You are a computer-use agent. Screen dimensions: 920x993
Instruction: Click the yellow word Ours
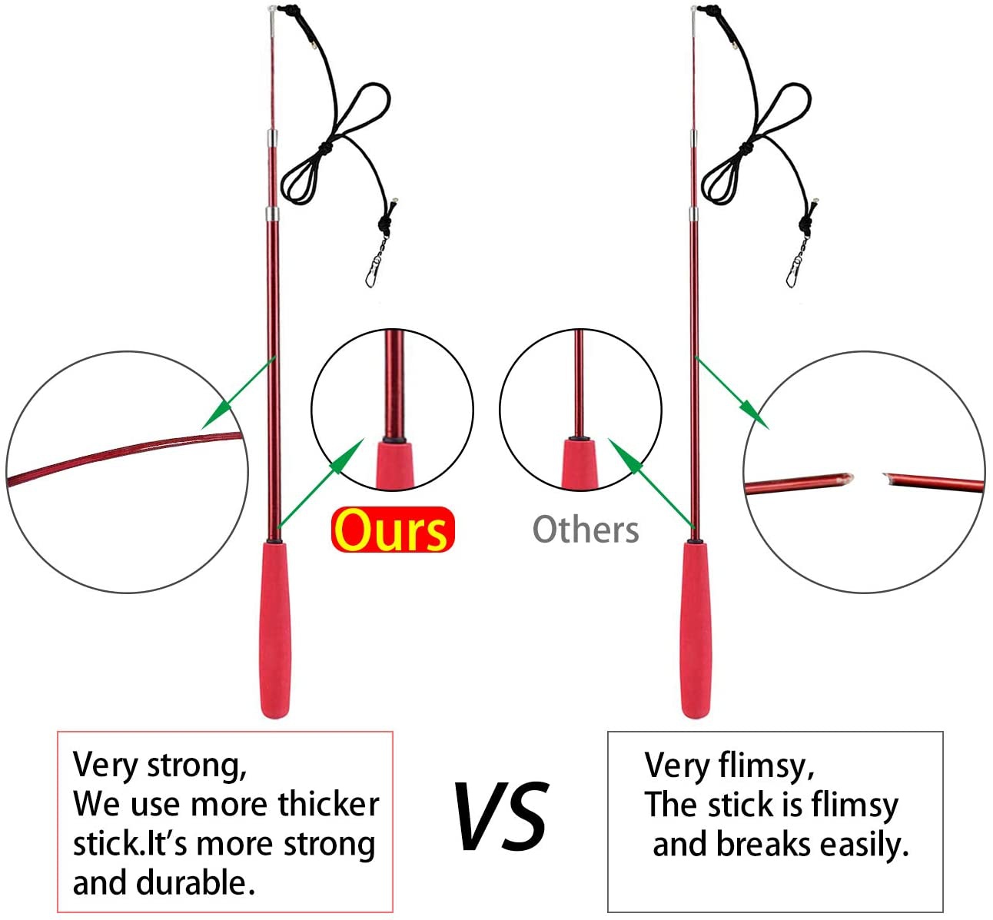pos(392,530)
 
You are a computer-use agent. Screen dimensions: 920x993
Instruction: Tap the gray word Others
pos(586,530)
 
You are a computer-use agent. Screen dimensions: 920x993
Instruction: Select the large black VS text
pos(501,816)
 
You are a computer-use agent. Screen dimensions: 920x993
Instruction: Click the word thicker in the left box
pos(328,804)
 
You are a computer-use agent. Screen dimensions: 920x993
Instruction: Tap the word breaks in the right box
pos(764,844)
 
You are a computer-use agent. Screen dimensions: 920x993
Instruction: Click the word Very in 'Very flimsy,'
pos(676,766)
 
